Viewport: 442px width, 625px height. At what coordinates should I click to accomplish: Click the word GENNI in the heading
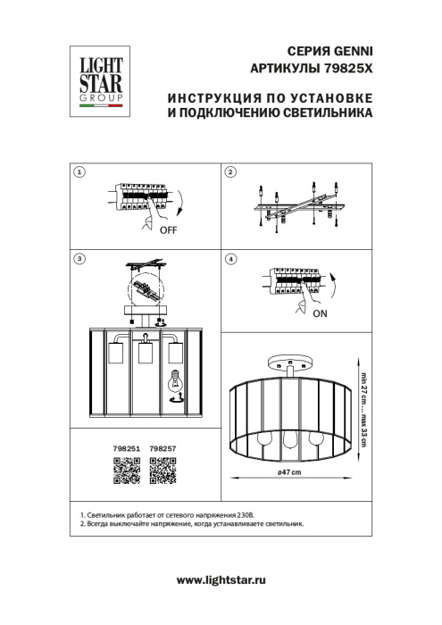click(350, 53)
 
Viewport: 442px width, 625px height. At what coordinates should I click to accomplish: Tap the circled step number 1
click(80, 171)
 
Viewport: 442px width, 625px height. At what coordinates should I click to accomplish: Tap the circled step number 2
click(229, 171)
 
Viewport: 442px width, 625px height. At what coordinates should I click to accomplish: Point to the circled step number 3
click(80, 259)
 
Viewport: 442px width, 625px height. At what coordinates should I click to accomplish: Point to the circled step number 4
click(229, 259)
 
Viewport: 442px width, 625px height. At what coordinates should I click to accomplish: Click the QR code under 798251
click(126, 470)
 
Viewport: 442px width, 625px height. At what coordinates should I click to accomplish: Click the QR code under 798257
click(163, 470)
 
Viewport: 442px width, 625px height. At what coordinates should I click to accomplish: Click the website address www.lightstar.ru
click(221, 580)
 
